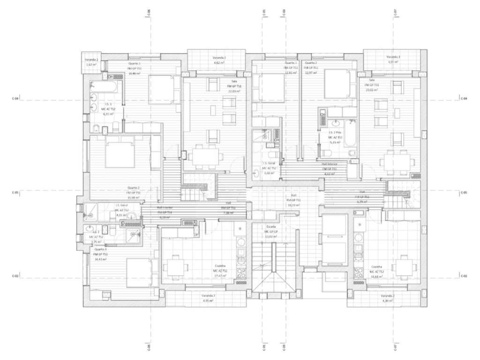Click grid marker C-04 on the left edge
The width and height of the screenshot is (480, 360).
point(15,99)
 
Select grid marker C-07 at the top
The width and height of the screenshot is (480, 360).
point(395,12)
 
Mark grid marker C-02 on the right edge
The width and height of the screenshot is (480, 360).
point(464,277)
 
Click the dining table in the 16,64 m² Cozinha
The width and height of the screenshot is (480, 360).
point(404,268)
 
